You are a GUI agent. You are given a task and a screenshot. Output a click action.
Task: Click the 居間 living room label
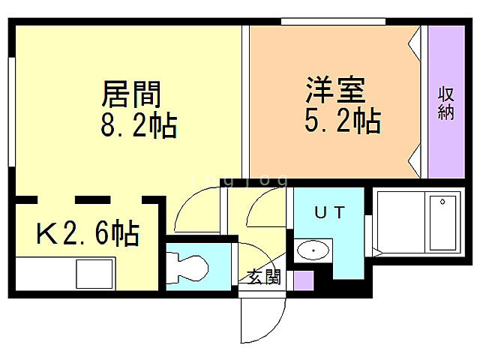(132, 95)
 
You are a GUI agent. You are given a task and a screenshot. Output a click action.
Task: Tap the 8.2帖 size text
(139, 125)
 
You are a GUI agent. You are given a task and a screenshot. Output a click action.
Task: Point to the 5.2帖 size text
(342, 119)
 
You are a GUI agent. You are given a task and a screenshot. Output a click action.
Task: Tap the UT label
(330, 213)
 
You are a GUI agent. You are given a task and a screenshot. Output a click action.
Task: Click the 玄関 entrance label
(264, 277)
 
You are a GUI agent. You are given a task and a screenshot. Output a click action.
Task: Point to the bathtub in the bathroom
(442, 223)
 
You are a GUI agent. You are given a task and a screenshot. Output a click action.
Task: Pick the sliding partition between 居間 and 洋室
(244, 101)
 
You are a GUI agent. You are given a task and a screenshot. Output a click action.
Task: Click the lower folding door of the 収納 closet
(415, 160)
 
